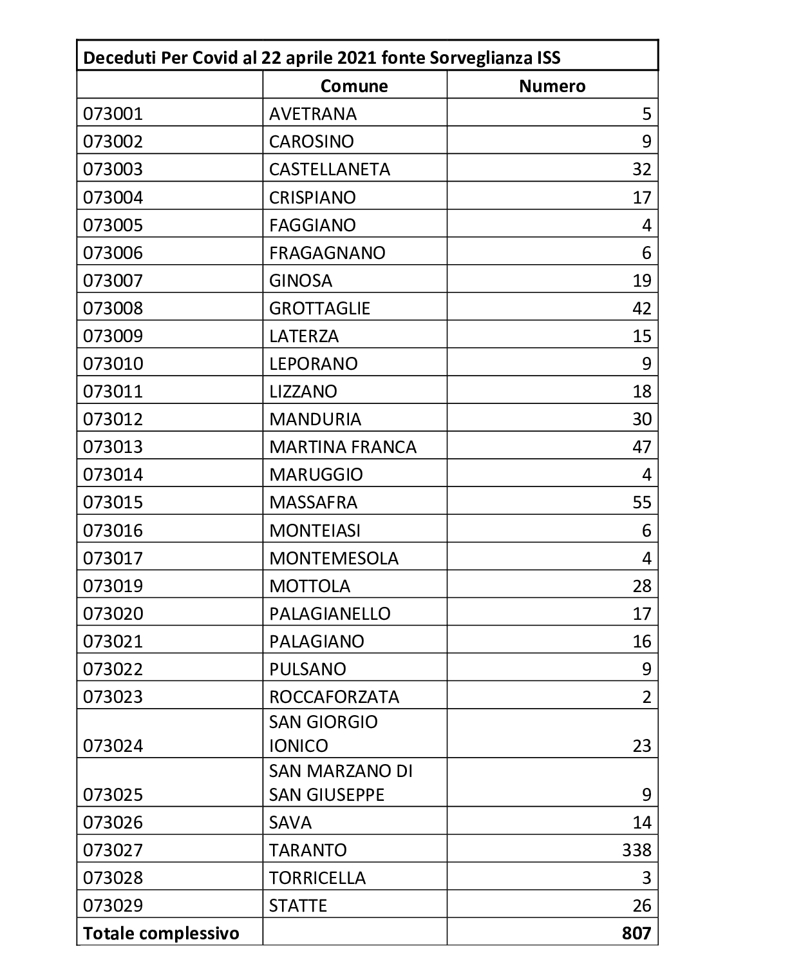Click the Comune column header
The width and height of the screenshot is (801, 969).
click(354, 86)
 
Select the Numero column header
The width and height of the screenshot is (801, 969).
click(552, 86)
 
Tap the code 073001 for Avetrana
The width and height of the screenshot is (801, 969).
click(113, 114)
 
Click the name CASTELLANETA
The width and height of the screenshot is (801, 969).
click(330, 169)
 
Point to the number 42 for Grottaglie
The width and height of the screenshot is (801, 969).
click(641, 309)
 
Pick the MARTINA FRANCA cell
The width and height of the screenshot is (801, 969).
click(343, 447)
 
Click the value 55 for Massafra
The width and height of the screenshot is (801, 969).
click(641, 503)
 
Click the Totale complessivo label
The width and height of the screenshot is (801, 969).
click(161, 934)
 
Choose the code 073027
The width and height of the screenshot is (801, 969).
click(113, 850)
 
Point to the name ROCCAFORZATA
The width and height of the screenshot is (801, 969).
click(334, 697)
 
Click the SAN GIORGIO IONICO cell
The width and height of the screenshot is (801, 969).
click(323, 734)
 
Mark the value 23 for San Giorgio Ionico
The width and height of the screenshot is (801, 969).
click(641, 746)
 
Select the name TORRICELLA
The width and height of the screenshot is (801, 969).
click(317, 878)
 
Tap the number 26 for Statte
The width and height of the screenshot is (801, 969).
click(641, 906)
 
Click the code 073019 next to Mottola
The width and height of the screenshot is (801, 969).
click(113, 586)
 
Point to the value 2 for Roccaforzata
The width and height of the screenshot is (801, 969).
click(646, 697)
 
